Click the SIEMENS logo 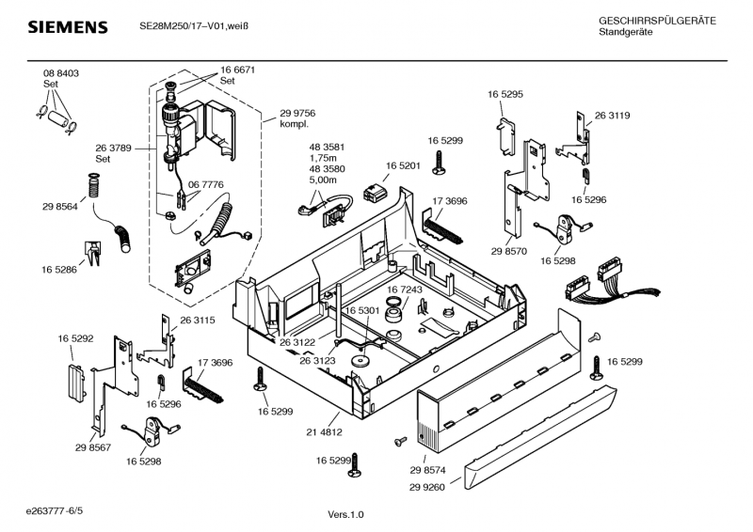[67, 27]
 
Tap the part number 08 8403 [60, 73]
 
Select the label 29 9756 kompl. [297, 118]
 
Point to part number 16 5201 [402, 165]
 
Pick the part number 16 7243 [405, 289]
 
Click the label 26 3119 [612, 116]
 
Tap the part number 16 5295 [505, 94]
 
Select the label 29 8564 [59, 207]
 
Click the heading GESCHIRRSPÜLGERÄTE [657, 21]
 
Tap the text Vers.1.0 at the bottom [345, 514]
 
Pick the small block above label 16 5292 [72, 383]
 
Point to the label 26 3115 [198, 321]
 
